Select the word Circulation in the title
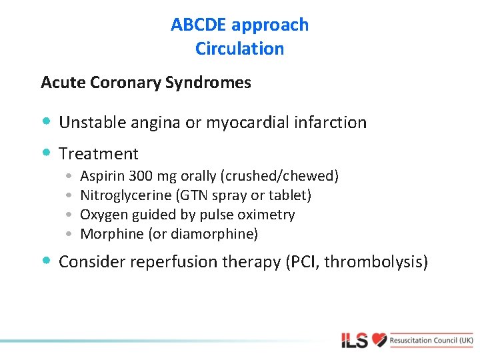click(240, 49)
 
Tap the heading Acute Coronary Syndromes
click(146, 83)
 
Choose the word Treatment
click(99, 154)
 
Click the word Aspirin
click(102, 177)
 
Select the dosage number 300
click(141, 177)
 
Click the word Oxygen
click(101, 215)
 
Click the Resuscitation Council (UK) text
click(432, 340)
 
